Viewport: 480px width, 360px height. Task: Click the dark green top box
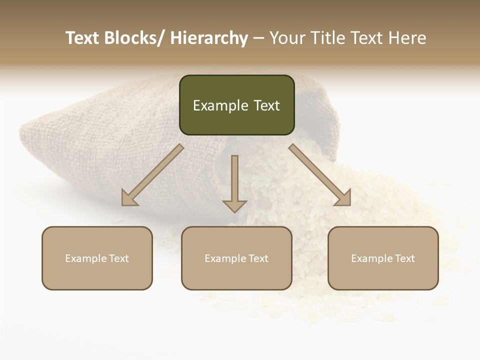[236, 105]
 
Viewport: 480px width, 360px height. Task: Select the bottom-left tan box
[97, 258]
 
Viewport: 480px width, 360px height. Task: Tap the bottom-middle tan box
[236, 258]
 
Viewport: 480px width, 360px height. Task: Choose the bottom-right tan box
[383, 258]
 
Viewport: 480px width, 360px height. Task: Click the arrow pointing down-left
[153, 175]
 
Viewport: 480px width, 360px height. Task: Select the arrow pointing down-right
[320, 175]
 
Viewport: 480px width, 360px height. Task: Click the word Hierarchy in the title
[209, 38]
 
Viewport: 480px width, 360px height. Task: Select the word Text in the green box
[266, 105]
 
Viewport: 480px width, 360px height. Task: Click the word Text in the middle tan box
[257, 258]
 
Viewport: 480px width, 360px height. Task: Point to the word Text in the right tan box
[404, 258]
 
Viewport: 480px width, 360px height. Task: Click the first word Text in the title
[82, 38]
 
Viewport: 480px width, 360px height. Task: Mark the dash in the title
[258, 38]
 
